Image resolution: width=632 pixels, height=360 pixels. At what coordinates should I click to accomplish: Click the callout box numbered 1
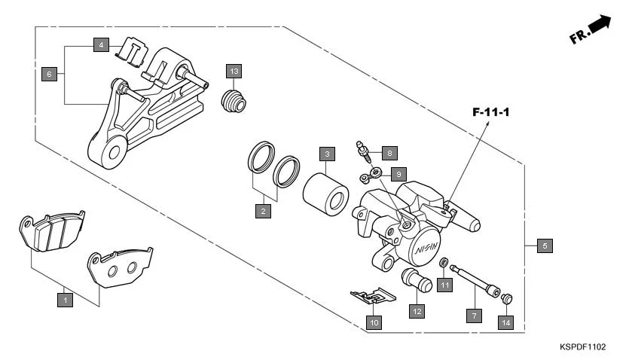point(66,300)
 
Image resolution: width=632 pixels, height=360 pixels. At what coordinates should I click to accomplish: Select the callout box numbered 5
point(545,245)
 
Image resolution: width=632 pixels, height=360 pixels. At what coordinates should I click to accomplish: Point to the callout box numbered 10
point(374,322)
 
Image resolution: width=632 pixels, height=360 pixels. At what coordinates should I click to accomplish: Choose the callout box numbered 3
point(326,154)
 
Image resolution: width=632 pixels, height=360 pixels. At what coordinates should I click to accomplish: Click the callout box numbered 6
point(49,74)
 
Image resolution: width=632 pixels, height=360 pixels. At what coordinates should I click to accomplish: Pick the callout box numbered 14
point(506,322)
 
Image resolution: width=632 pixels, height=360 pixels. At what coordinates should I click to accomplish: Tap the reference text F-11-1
point(491,112)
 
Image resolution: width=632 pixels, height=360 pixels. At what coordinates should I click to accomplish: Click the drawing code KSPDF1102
point(582,347)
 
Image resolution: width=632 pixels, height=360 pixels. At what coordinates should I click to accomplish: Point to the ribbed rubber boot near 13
point(234,102)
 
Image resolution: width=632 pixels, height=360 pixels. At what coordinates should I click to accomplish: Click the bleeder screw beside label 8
point(364,151)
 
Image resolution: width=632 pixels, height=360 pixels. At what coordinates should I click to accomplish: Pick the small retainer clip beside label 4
point(130,49)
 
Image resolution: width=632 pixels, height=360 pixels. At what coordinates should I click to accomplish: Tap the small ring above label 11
point(444,263)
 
